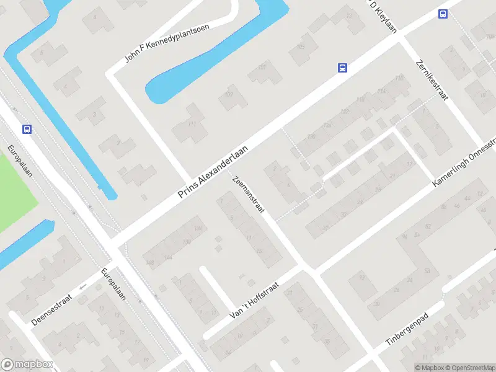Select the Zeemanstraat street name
pyautogui.click(x=248, y=195)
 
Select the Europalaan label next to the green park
pyautogui.click(x=20, y=161)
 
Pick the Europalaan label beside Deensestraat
pyautogui.click(x=113, y=284)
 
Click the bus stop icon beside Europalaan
pyautogui.click(x=27, y=129)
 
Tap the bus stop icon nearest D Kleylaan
pyautogui.click(x=443, y=14)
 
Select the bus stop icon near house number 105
pyautogui.click(x=342, y=68)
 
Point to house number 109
pyautogui.click(x=229, y=94)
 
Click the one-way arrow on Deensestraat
pyautogui.click(x=83, y=287)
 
